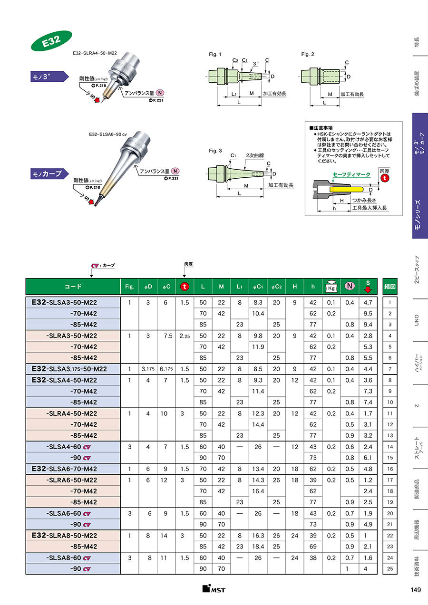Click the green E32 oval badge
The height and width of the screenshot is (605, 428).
click(51, 41)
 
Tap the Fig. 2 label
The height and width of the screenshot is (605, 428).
click(308, 54)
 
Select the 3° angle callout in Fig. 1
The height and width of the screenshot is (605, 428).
click(256, 64)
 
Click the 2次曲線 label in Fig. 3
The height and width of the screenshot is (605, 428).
click(255, 155)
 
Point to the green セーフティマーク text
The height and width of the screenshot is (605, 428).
click(351, 174)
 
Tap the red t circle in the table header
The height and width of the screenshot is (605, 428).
click(185, 287)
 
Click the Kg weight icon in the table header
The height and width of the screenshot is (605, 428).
click(331, 287)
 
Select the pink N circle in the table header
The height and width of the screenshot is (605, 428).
click(350, 286)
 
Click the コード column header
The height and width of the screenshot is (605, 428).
click(73, 287)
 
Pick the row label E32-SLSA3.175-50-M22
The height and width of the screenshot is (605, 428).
click(69, 369)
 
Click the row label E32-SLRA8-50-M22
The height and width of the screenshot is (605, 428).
click(64, 536)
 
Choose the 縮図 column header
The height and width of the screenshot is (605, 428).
click(390, 287)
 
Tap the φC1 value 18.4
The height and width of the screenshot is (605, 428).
click(258, 547)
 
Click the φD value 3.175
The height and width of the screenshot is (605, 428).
click(148, 369)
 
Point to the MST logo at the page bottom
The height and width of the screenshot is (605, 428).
click(214, 589)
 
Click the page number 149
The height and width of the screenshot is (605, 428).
click(416, 590)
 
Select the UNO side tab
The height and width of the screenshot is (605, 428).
click(417, 320)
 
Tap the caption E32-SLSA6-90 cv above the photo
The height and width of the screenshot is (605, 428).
click(108, 134)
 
